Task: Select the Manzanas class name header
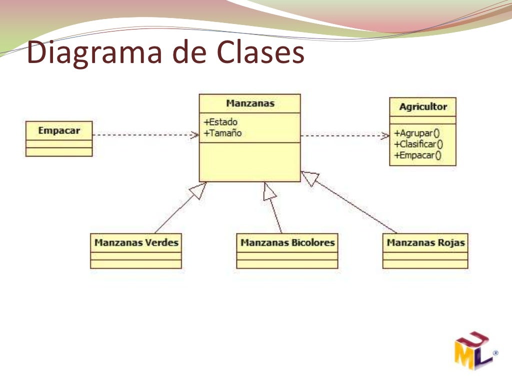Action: (x=250, y=103)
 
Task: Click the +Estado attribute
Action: (x=220, y=122)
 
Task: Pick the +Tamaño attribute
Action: (x=223, y=133)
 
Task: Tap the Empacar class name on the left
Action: (x=59, y=131)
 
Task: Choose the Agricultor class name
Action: (x=423, y=106)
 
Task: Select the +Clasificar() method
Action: (x=419, y=144)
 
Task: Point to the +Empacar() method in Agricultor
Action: (x=418, y=155)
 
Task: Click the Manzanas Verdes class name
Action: (x=136, y=243)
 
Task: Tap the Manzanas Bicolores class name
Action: (x=287, y=243)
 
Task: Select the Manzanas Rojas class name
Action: (x=425, y=243)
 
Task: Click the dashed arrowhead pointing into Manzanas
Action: (x=194, y=134)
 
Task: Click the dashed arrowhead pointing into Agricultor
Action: (x=385, y=135)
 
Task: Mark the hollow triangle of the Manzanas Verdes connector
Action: (x=198, y=190)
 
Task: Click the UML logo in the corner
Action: (x=474, y=350)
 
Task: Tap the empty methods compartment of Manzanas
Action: (x=250, y=162)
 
